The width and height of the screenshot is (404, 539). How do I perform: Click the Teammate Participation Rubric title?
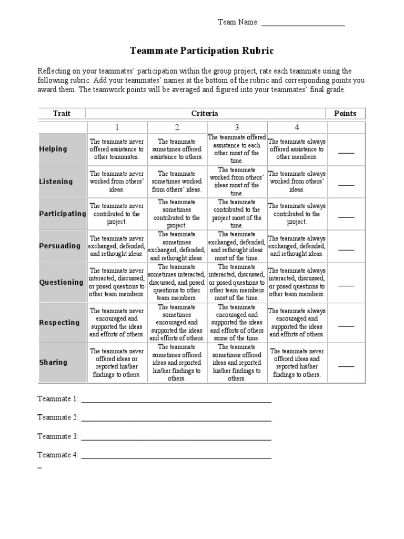[202, 51]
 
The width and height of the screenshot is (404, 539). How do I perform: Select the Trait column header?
[62, 113]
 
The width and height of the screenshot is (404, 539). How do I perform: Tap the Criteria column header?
[206, 113]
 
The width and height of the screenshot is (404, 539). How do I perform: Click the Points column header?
[346, 113]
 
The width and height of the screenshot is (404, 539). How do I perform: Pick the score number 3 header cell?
[237, 127]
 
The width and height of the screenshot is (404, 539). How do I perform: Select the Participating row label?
[62, 214]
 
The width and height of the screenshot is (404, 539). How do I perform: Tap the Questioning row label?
[62, 282]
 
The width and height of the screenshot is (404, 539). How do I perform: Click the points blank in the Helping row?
[346, 153]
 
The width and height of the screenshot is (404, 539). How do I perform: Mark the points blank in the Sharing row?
[346, 366]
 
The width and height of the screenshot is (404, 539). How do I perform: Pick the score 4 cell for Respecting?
[297, 323]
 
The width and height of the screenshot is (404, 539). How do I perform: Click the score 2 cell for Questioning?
[177, 282]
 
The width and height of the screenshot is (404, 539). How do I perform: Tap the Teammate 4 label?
[58, 455]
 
